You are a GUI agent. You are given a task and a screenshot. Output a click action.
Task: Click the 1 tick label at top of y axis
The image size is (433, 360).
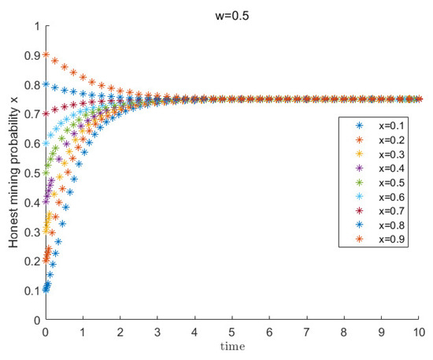point(36,26)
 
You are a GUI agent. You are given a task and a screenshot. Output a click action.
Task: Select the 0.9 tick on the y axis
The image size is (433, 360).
point(31,55)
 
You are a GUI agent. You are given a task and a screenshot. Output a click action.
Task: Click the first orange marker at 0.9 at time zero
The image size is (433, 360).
point(46,55)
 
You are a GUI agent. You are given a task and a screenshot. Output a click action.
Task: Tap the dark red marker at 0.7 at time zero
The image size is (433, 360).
point(46,114)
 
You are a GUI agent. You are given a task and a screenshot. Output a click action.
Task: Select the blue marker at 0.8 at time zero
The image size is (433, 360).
point(46,84)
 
